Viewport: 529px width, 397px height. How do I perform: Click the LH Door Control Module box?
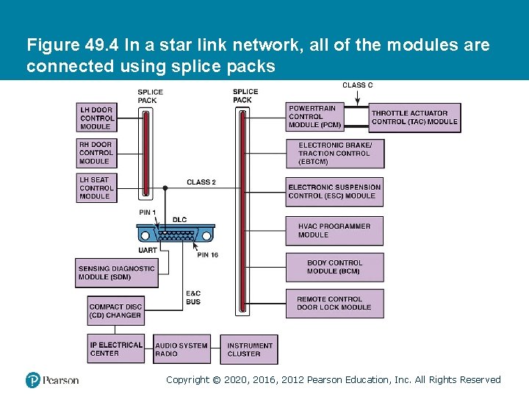pyautogui.click(x=97, y=118)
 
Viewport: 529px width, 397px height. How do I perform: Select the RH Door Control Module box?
pyautogui.click(x=97, y=153)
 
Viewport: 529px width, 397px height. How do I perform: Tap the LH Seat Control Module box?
pyautogui.click(x=97, y=187)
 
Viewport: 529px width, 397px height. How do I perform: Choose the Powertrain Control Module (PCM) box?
pyautogui.click(x=316, y=117)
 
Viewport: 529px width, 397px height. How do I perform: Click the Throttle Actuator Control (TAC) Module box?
pyautogui.click(x=415, y=118)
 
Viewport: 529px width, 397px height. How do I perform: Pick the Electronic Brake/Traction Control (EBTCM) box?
pyautogui.click(x=335, y=154)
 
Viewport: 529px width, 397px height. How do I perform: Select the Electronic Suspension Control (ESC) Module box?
pyautogui.click(x=334, y=191)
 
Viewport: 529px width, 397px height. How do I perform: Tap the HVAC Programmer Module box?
pyautogui.click(x=334, y=231)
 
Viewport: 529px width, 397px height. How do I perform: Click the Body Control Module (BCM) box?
pyautogui.click(x=334, y=267)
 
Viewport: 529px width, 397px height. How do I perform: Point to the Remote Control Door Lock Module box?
pyautogui.click(x=334, y=303)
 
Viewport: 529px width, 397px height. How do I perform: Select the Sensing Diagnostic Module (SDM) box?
pyautogui.click(x=116, y=273)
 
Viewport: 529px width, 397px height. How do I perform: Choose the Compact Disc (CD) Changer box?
pyautogui.click(x=115, y=311)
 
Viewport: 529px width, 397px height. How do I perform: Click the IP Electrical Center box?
pyautogui.click(x=116, y=348)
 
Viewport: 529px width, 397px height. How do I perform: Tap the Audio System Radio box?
pyautogui.click(x=181, y=348)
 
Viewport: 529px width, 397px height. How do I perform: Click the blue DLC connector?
pyautogui.click(x=175, y=235)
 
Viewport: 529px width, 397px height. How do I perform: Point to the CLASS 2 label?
pyautogui.click(x=201, y=182)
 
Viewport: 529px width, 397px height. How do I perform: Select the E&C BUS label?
pyautogui.click(x=193, y=297)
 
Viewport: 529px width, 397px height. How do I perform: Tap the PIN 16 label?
pyautogui.click(x=207, y=254)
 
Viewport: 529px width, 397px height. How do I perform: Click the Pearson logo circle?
pyautogui.click(x=33, y=380)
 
